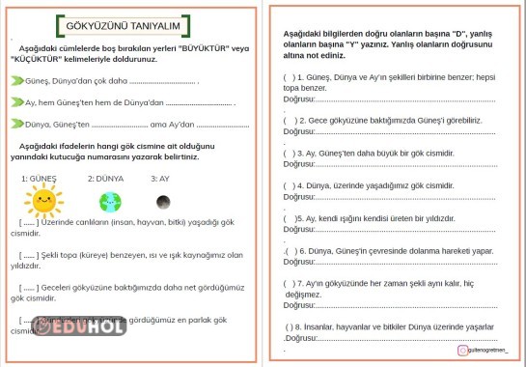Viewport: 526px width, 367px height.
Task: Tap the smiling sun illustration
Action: pyautogui.click(x=42, y=202)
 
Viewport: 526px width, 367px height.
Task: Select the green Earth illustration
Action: pyautogui.click(x=110, y=202)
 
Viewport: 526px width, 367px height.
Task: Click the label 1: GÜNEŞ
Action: pyautogui.click(x=40, y=179)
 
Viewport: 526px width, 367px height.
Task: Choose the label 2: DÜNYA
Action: pyautogui.click(x=105, y=179)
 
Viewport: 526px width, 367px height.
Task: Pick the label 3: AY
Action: pyautogui.click(x=160, y=179)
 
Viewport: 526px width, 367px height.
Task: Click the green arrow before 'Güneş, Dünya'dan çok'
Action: pyautogui.click(x=17, y=80)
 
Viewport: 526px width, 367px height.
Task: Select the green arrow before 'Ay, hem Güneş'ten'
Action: pyautogui.click(x=17, y=101)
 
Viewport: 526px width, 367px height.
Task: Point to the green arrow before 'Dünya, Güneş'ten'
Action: pyautogui.click(x=17, y=124)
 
